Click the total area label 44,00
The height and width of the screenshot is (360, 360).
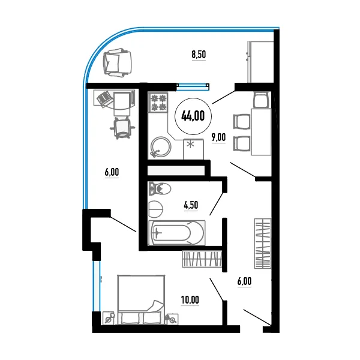pyautogui.click(x=193, y=116)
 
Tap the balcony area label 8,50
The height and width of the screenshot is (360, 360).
pyautogui.click(x=199, y=55)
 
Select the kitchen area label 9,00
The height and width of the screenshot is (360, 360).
pyautogui.click(x=218, y=137)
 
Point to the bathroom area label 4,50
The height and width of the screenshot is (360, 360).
pyautogui.click(x=191, y=205)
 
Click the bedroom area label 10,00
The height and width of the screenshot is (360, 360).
pyautogui.click(x=190, y=299)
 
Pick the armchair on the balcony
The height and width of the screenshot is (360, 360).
pyautogui.click(x=118, y=62)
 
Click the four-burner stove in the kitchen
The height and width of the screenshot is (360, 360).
pyautogui.click(x=158, y=102)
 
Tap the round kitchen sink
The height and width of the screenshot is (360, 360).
pyautogui.click(x=161, y=147)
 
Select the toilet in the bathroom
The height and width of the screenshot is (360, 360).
pyautogui.click(x=160, y=189)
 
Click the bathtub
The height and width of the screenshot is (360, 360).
pyautogui.click(x=177, y=233)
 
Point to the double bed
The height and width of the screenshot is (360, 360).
pyautogui.click(x=141, y=299)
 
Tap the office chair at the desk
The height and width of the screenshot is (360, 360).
pyautogui.click(x=122, y=128)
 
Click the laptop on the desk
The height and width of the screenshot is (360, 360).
pyautogui.click(x=104, y=99)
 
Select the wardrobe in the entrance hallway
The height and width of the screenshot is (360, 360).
pyautogui.click(x=263, y=244)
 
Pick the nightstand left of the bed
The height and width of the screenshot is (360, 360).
pyautogui.click(x=109, y=318)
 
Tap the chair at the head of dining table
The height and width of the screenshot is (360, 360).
pyautogui.click(x=261, y=99)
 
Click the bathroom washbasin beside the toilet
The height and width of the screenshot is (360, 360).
pyautogui.click(x=155, y=209)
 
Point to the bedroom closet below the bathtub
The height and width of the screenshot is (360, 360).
pyautogui.click(x=202, y=259)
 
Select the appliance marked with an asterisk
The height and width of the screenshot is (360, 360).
pyautogui.click(x=193, y=149)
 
